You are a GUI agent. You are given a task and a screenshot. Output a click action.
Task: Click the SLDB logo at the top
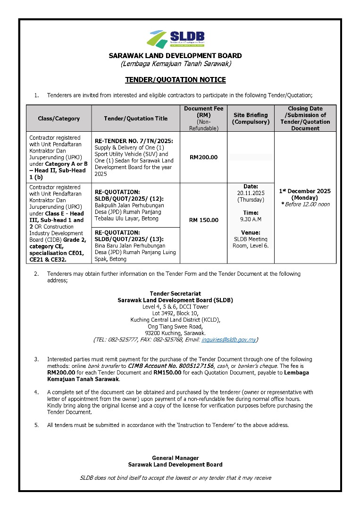176,39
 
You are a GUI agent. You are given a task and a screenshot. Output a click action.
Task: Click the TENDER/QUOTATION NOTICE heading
175,80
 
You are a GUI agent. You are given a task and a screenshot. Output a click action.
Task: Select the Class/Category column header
59,119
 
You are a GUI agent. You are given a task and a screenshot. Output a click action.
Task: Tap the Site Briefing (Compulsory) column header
251,119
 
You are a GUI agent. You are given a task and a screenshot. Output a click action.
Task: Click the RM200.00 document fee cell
203,157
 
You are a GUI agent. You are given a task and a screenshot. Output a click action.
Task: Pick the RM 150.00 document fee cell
203,220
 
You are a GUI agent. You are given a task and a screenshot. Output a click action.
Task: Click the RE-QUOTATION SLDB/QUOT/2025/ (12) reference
125,195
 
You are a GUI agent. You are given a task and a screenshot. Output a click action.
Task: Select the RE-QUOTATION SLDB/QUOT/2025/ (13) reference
125,236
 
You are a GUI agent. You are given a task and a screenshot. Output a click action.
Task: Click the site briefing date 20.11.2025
251,193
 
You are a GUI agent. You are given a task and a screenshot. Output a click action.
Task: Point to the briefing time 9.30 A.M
251,219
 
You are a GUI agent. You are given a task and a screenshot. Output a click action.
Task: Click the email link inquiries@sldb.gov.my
228,340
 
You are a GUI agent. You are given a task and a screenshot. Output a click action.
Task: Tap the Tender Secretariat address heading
175,294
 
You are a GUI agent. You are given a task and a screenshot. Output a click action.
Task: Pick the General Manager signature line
175,458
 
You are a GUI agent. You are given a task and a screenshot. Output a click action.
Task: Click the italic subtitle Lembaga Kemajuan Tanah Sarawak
175,64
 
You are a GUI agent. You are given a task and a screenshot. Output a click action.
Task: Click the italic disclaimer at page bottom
175,478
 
